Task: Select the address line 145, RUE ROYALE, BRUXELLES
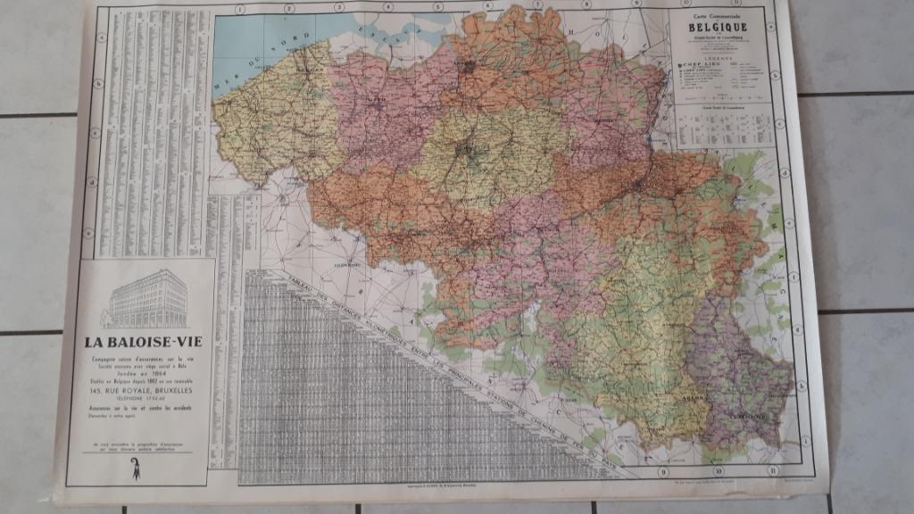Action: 142,390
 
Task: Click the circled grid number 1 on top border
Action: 239,9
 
